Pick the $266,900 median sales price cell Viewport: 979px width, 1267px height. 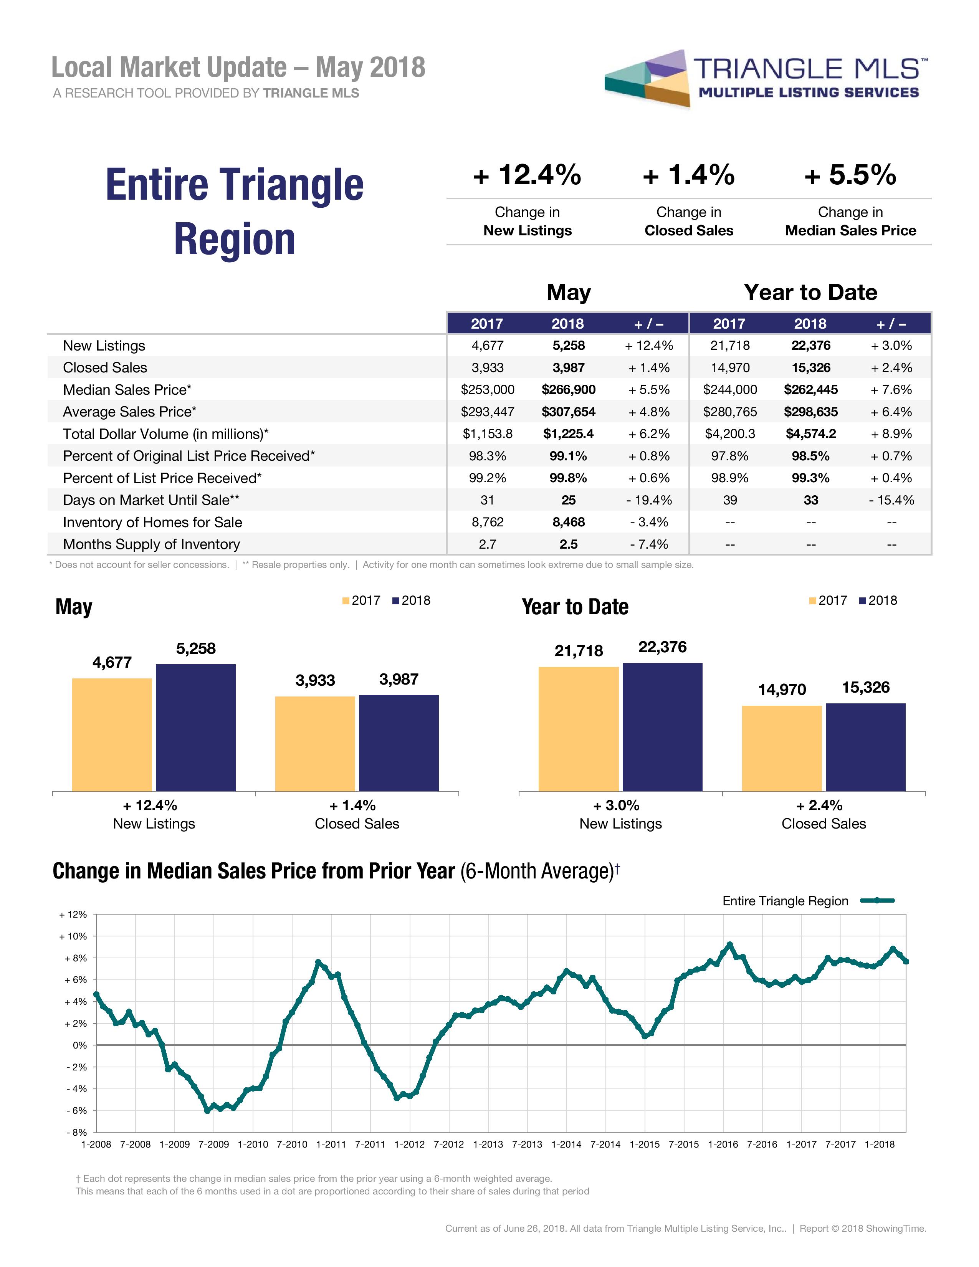[x=568, y=389]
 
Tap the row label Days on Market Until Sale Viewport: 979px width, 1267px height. [x=151, y=500]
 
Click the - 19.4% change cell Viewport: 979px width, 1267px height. [x=649, y=500]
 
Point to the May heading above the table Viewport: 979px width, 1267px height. [x=568, y=292]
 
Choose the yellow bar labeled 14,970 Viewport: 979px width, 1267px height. [x=782, y=748]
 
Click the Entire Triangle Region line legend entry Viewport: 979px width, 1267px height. [x=808, y=901]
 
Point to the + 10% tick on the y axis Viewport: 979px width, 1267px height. [x=74, y=936]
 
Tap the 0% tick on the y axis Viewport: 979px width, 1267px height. [x=79, y=1045]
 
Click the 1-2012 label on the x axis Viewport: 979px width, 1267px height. [x=410, y=1144]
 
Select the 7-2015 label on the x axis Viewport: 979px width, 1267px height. [x=684, y=1144]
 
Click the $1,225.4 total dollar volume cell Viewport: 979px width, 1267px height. [x=568, y=433]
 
